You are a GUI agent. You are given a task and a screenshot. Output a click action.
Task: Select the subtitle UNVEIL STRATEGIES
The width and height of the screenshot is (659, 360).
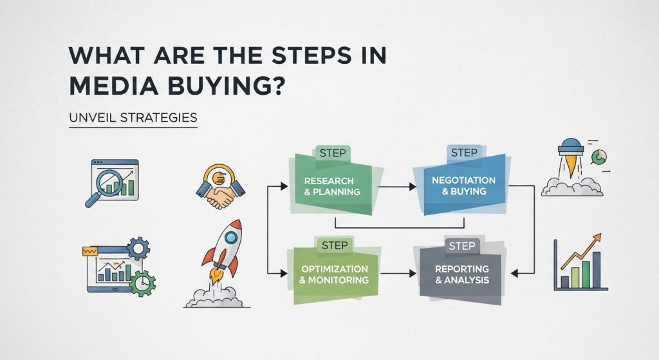(133, 117)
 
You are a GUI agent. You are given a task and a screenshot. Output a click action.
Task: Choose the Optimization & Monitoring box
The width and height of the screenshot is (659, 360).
(333, 274)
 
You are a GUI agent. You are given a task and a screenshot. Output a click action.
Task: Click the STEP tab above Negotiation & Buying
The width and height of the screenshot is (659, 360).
(465, 153)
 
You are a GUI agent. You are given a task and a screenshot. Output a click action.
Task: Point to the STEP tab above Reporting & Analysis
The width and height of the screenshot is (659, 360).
(462, 246)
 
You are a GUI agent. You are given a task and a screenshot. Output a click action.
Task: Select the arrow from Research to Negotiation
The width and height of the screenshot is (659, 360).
(397, 186)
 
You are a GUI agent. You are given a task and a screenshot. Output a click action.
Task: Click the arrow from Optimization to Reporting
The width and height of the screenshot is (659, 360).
(398, 273)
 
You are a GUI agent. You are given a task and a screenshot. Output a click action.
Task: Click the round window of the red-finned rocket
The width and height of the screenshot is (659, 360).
(231, 238)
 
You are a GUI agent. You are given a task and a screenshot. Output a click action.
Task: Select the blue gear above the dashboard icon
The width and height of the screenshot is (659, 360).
(138, 248)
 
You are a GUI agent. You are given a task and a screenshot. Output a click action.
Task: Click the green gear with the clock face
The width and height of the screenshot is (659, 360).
(143, 283)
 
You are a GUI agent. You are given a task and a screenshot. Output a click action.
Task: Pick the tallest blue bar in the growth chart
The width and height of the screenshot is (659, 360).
(597, 270)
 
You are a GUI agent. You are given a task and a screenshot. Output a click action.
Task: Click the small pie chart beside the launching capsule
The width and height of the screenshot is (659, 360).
(599, 157)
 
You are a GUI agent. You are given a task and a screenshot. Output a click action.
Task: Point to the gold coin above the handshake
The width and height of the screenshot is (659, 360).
(219, 178)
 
